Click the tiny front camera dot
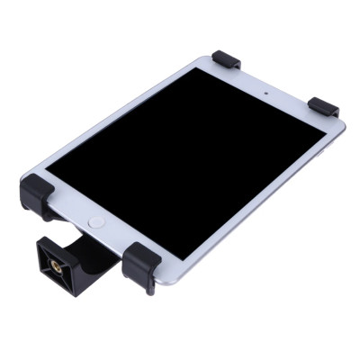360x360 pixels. coord(267,93)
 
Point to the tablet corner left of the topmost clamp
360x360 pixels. coord(200,64)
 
